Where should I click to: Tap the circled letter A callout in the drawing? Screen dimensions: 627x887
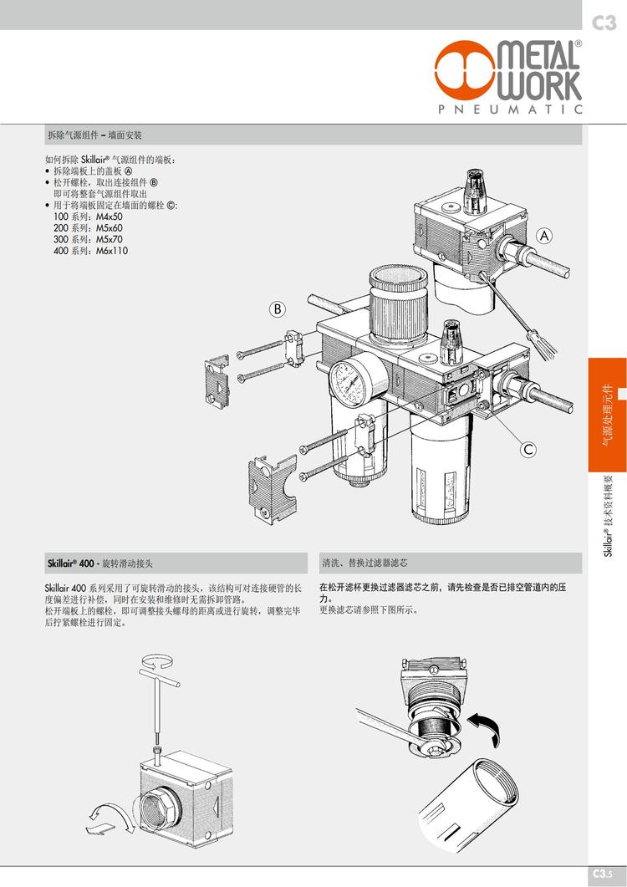tap(544, 235)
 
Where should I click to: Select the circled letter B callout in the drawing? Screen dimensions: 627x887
tap(278, 308)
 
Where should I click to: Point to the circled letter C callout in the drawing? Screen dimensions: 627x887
tap(528, 449)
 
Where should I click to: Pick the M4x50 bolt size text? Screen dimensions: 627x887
tap(110, 217)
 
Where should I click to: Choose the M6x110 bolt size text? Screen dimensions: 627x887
tap(112, 251)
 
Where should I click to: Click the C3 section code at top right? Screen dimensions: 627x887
tap(604, 23)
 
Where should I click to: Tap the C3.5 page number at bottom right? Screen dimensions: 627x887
tap(604, 874)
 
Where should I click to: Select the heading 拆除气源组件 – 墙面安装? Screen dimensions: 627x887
tap(94, 135)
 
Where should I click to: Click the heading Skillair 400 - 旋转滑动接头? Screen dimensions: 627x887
tap(100, 563)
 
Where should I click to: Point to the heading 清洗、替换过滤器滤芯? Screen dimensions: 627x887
tap(364, 563)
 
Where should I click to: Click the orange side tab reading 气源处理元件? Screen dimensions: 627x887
tap(607, 415)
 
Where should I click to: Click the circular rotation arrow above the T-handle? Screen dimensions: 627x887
tap(157, 660)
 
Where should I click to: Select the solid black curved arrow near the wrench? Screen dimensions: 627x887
tap(486, 729)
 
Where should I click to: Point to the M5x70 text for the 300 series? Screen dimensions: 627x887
tap(110, 239)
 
